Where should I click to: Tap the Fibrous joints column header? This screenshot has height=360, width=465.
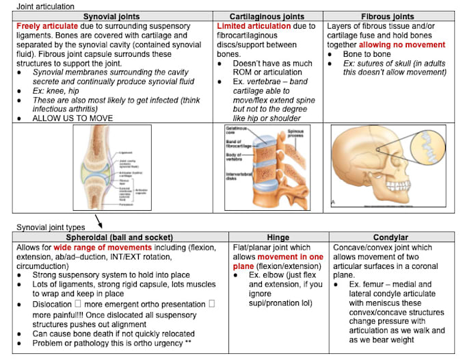[387, 16]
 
